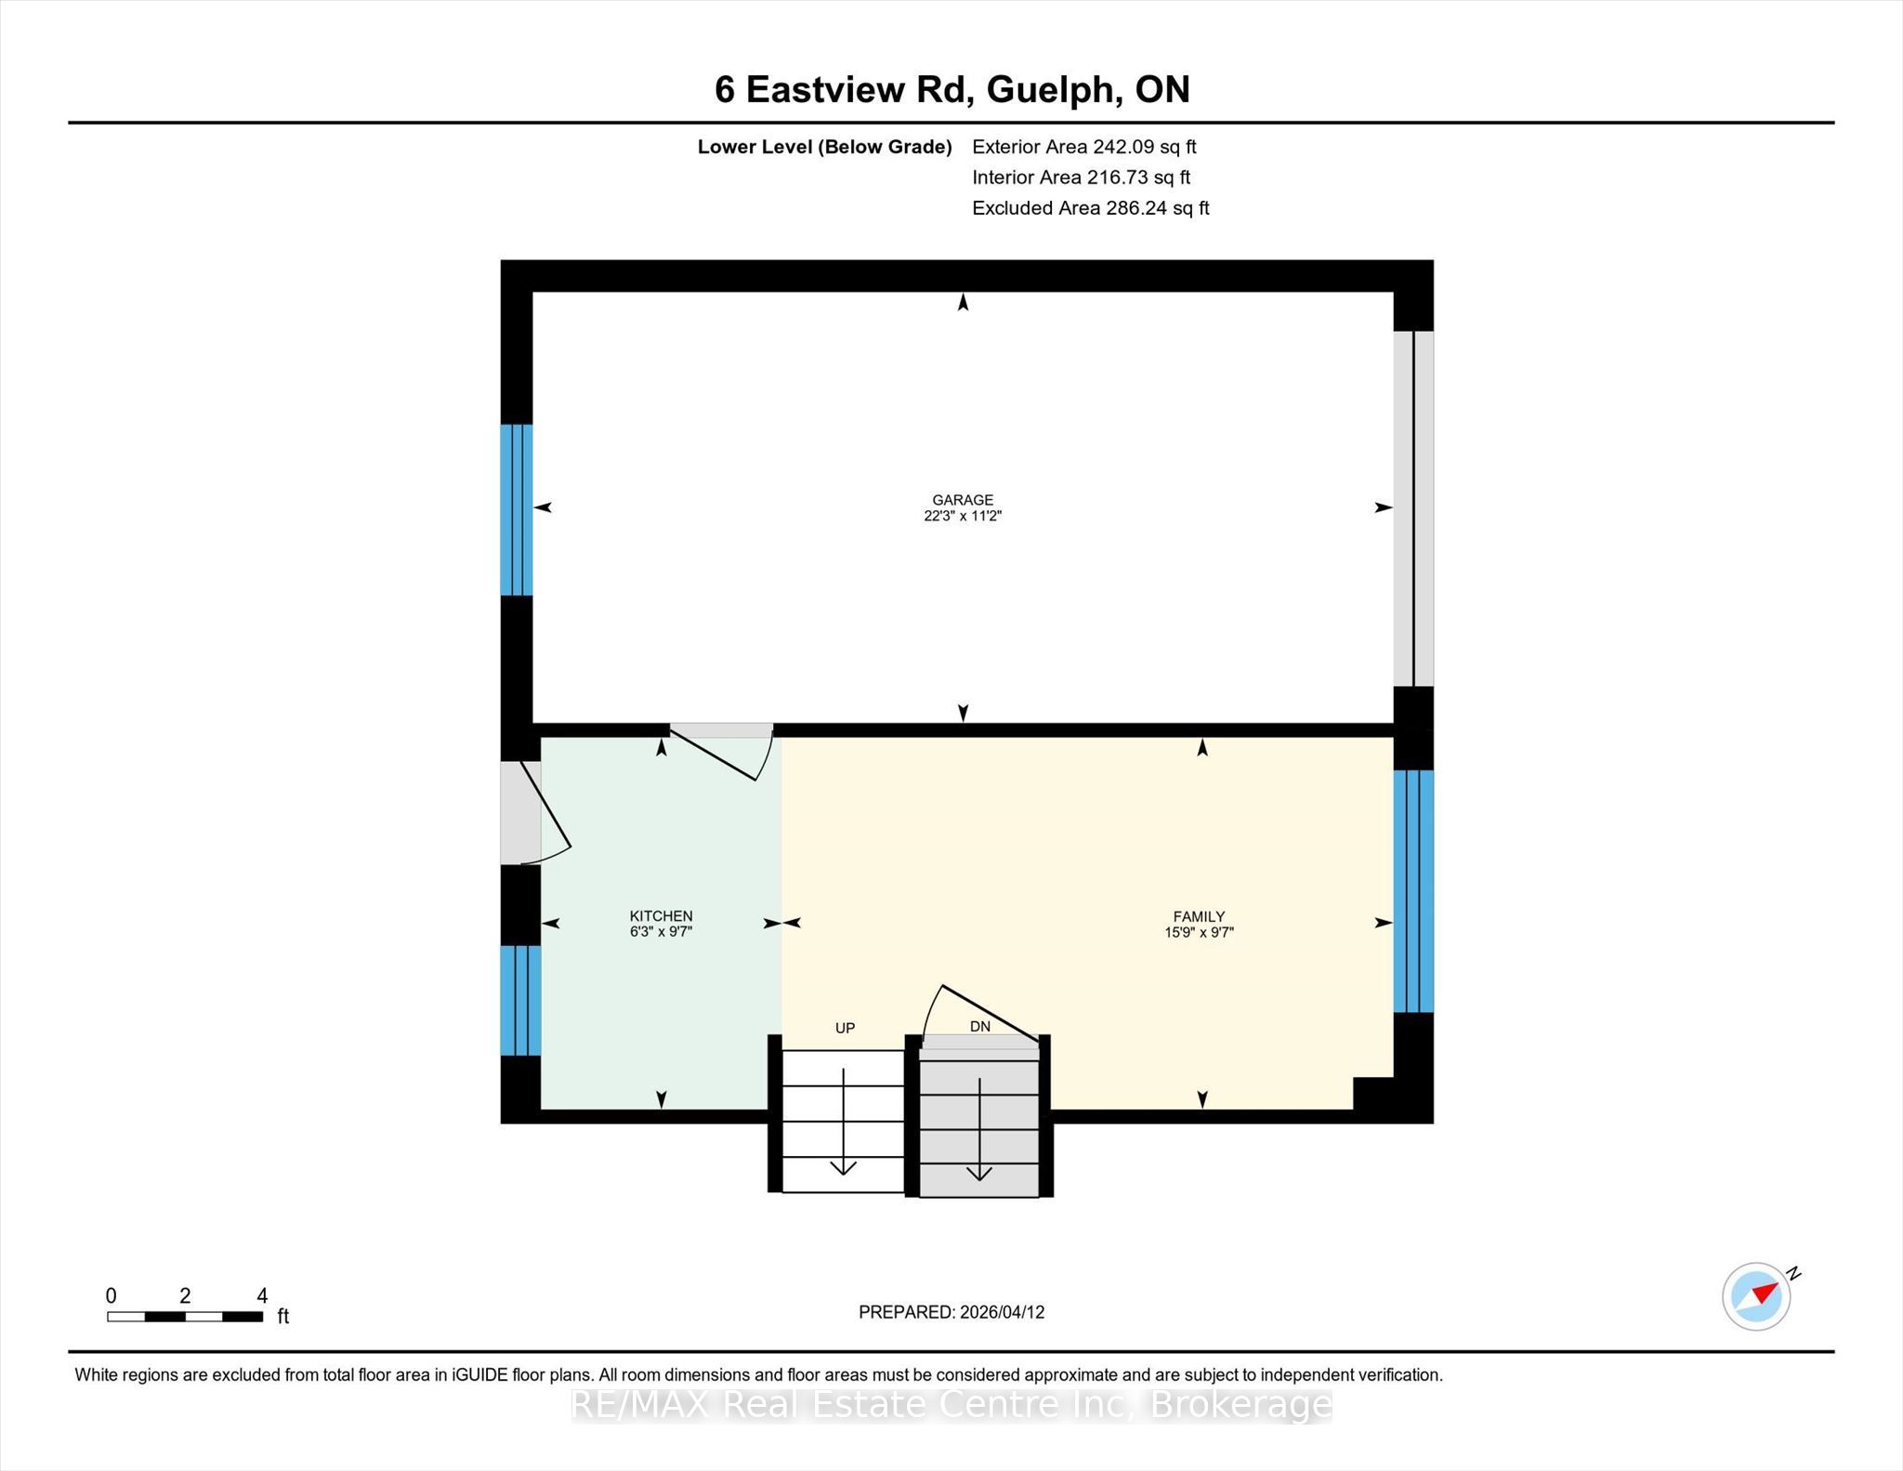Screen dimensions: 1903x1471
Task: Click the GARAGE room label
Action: tap(963, 500)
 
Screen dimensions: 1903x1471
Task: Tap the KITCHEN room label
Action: tap(661, 916)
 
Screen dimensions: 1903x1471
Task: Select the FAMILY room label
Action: tap(1199, 916)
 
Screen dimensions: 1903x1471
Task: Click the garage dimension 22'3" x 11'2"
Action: tap(963, 516)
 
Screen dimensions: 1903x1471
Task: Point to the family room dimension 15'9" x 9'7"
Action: tap(1199, 932)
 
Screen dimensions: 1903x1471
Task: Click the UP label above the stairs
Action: tap(845, 1028)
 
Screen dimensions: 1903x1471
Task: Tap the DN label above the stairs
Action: tap(980, 1027)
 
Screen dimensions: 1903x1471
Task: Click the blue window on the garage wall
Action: tap(517, 509)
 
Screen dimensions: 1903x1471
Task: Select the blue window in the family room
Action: tap(1413, 890)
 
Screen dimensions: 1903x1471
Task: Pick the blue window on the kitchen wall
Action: tap(520, 1000)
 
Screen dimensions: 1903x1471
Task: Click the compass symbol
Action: tap(1757, 1295)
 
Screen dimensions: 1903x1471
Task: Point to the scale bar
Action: tap(185, 1316)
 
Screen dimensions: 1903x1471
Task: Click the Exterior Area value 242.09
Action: tap(1122, 147)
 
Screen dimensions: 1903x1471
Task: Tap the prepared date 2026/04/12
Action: tap(1003, 1312)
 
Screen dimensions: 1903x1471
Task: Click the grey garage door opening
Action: tap(1413, 508)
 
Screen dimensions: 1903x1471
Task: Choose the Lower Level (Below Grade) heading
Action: tap(825, 147)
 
